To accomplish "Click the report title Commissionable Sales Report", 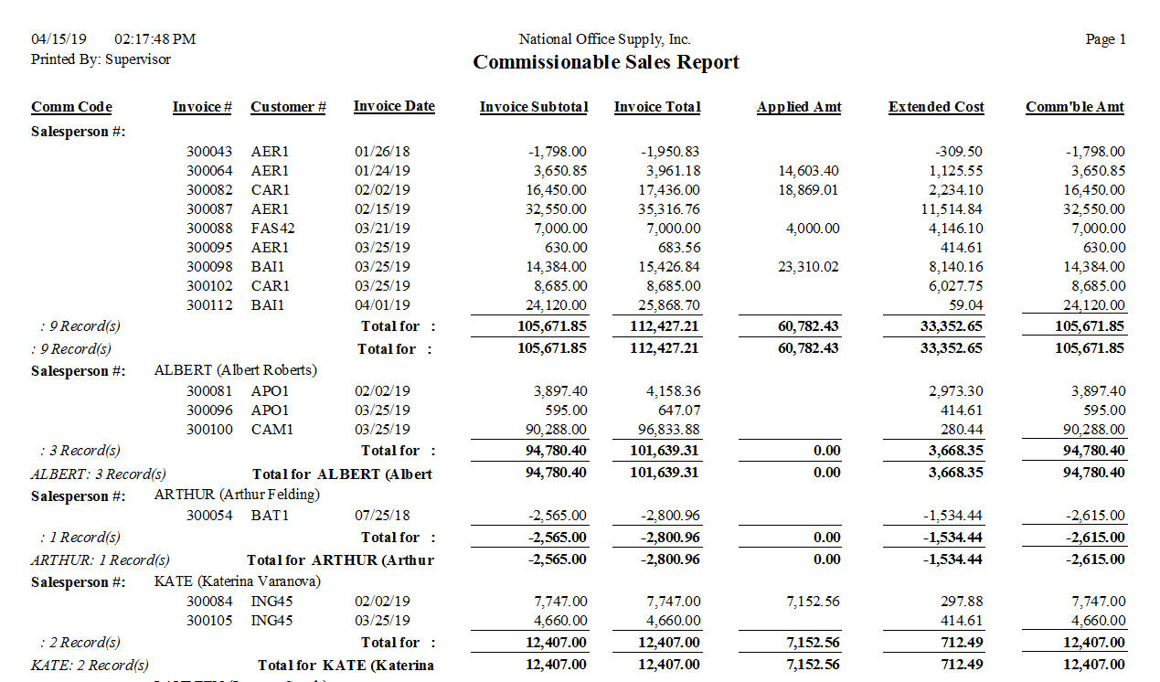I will (605, 62).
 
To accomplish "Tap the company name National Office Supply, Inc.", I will (604, 39).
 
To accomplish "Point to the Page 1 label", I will (1105, 39).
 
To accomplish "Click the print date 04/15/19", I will (59, 39).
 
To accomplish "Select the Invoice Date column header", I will (394, 106).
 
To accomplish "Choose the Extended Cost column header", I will (935, 107).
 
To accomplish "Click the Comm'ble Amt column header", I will (1074, 107).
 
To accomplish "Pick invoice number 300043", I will (209, 152).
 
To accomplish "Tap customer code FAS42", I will (272, 229).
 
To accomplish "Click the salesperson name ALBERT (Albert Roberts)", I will (236, 370).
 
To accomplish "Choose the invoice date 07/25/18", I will (382, 516).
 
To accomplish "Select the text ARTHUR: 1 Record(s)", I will (100, 559).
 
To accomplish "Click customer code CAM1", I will (271, 430).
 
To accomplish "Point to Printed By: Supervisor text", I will (101, 59).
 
